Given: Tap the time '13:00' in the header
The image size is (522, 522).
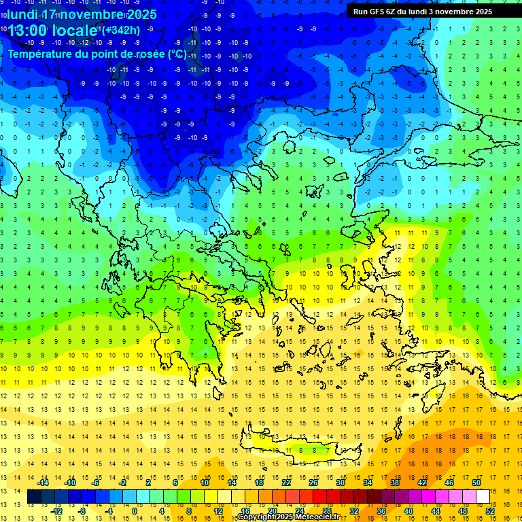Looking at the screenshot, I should click(x=28, y=31).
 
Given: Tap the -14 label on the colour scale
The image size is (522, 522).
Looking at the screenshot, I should click(x=43, y=483).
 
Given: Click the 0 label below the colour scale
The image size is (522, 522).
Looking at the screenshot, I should click(x=135, y=511).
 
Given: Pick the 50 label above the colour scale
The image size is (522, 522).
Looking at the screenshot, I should click(x=477, y=483).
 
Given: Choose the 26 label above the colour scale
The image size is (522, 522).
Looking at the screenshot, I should click(x=313, y=483).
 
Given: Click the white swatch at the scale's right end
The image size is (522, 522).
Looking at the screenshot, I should click(x=483, y=497).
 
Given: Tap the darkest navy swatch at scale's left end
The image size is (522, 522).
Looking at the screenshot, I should click(x=34, y=497).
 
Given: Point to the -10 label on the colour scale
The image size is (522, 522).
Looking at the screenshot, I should click(x=71, y=483).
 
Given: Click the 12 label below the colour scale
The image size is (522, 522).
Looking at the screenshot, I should click(x=218, y=511).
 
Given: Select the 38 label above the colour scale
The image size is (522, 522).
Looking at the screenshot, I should click(x=395, y=483).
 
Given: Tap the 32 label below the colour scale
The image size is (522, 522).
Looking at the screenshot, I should click(x=354, y=511).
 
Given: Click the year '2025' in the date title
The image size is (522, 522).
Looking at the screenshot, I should click(x=141, y=14).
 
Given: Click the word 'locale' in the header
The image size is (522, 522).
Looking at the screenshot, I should click(x=77, y=31).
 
